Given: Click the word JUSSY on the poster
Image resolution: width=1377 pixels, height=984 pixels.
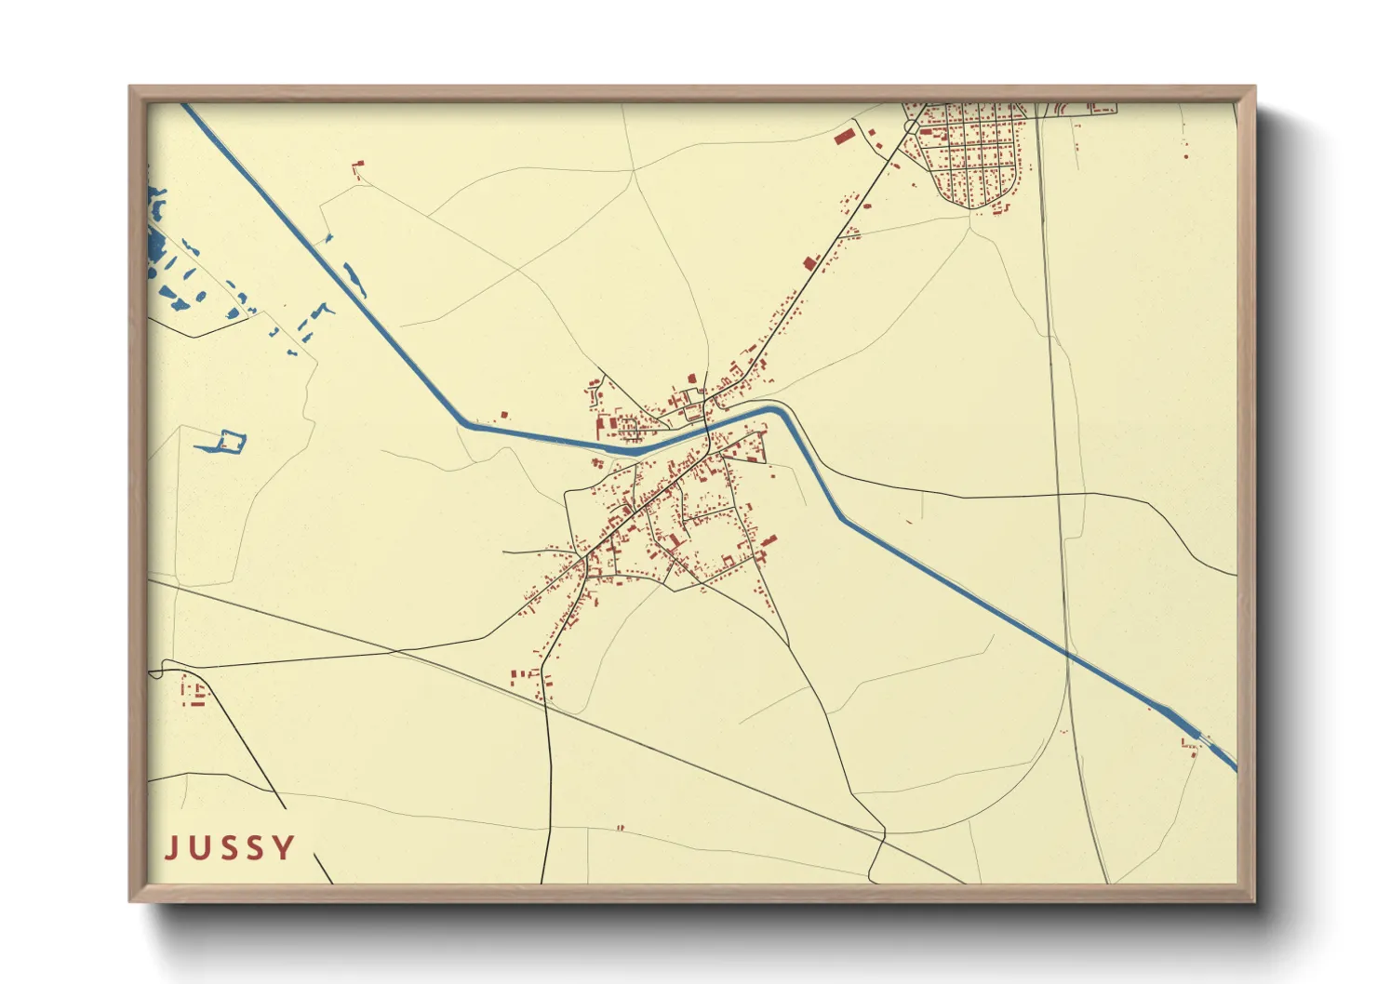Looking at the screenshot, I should click(x=230, y=847).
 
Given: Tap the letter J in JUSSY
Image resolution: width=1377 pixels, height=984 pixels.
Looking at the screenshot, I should click(x=170, y=847).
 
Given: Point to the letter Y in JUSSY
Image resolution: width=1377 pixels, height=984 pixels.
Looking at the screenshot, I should click(x=285, y=847).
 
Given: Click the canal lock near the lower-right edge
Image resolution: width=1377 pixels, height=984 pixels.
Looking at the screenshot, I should click(x=1196, y=734).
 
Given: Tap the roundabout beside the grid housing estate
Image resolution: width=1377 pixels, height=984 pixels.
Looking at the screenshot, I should click(x=910, y=126).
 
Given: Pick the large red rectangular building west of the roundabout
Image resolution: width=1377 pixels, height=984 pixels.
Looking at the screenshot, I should click(x=844, y=138).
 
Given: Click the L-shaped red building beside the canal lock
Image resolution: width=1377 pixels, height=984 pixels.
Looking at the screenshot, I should click(x=1188, y=743).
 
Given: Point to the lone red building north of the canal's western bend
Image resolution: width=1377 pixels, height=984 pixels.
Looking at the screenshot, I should click(x=505, y=414).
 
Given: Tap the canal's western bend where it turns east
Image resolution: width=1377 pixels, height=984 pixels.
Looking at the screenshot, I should click(x=464, y=424).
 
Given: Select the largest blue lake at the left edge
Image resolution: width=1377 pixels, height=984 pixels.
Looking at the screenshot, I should click(x=154, y=245).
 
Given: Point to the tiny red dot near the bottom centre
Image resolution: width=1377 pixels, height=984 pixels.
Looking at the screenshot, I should click(x=621, y=827).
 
